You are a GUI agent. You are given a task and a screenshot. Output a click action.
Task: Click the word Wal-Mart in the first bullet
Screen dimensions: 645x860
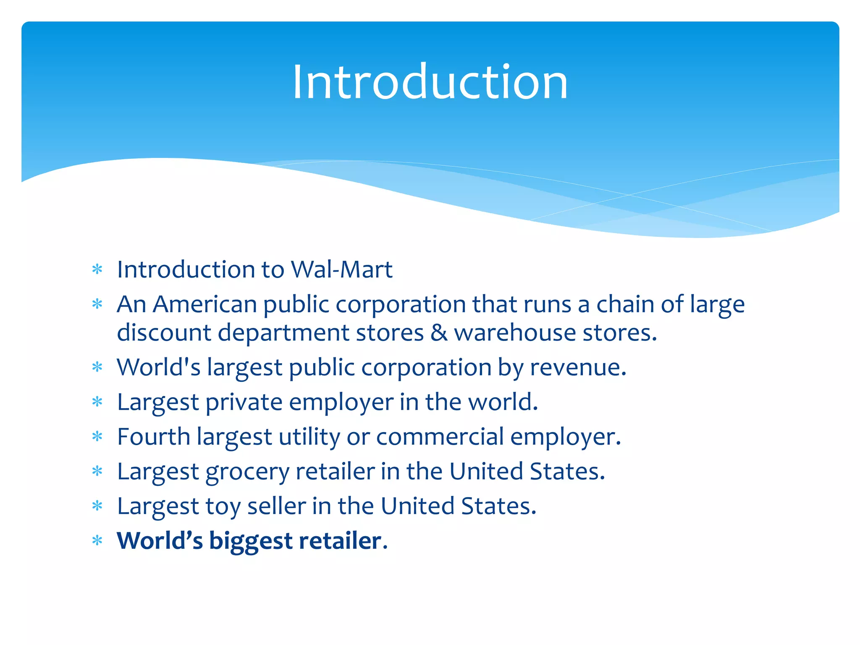[x=342, y=269]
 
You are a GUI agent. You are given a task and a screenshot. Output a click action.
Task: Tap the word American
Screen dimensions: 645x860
[x=205, y=304]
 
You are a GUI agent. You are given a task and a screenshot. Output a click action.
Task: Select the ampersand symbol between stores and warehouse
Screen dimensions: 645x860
[x=439, y=333]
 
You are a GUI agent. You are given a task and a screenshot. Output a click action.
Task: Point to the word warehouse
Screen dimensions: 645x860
[x=515, y=333]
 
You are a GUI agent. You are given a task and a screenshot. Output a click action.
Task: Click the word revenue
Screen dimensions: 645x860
[x=578, y=367]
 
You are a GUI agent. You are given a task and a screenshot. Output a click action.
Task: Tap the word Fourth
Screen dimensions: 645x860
[x=154, y=437]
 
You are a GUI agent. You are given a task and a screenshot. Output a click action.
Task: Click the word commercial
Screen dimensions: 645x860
[x=440, y=437]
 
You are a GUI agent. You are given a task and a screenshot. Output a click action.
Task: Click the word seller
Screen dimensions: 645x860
[x=276, y=506]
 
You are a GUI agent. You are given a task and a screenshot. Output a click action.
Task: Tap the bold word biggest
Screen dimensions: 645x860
[x=251, y=541]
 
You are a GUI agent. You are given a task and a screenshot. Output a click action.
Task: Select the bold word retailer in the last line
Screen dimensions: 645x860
[x=340, y=541]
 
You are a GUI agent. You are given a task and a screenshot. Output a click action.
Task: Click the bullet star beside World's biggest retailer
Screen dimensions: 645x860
[x=97, y=540]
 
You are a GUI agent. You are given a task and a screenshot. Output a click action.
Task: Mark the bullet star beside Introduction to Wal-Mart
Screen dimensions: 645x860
[x=97, y=269]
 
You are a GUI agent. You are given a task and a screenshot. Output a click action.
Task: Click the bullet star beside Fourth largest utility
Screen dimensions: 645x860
[x=97, y=437]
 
